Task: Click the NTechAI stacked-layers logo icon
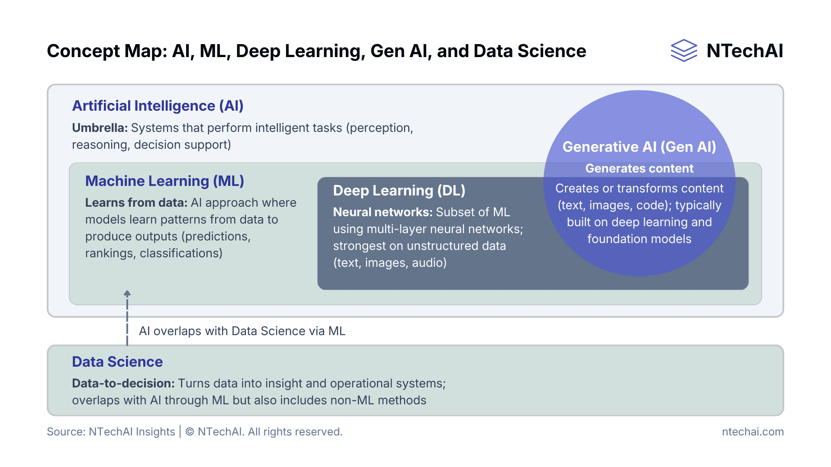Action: click(683, 51)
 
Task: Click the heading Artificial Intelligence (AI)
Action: click(158, 106)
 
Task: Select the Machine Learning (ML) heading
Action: click(164, 181)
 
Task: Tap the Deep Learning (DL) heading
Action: click(399, 190)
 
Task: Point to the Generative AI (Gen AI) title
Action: click(639, 147)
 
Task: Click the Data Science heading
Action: click(117, 361)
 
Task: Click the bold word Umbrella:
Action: click(100, 128)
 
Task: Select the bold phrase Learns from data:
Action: click(136, 202)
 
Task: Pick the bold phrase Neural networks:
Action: click(383, 212)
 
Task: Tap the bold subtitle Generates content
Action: click(639, 168)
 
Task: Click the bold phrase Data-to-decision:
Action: click(123, 383)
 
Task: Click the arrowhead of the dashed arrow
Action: click(127, 293)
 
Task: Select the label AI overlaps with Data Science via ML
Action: click(242, 331)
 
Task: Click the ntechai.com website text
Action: click(753, 432)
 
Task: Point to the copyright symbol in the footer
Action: click(190, 432)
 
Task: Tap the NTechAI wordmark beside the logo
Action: click(744, 51)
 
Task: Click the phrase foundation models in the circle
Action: click(639, 239)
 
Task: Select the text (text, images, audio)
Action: click(390, 262)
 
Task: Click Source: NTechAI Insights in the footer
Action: click(111, 432)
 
